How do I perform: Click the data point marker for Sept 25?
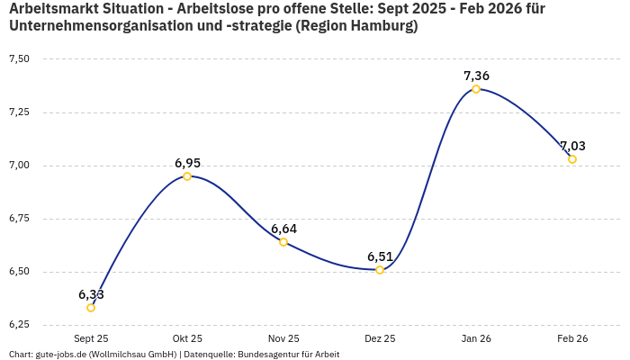[x=91, y=308]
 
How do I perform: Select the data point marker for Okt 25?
[x=187, y=176]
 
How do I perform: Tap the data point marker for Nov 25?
[x=283, y=242]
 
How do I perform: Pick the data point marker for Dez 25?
[x=380, y=270]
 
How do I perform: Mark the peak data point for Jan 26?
[x=476, y=89]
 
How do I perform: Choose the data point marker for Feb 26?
[x=572, y=159]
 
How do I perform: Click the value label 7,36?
[x=476, y=76]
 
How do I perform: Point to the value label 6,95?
[x=187, y=163]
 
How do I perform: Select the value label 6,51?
[x=380, y=256]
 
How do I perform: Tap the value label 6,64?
[x=283, y=229]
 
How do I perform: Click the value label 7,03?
[x=572, y=146]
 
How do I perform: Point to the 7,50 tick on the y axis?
[x=19, y=59]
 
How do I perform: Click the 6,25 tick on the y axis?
[x=19, y=325]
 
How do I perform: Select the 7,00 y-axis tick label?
[x=19, y=166]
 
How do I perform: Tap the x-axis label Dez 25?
[x=380, y=339]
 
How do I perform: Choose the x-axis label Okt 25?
[x=187, y=339]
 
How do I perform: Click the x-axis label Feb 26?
[x=572, y=339]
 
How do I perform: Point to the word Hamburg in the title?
[x=380, y=26]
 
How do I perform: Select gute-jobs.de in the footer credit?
[x=60, y=355]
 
